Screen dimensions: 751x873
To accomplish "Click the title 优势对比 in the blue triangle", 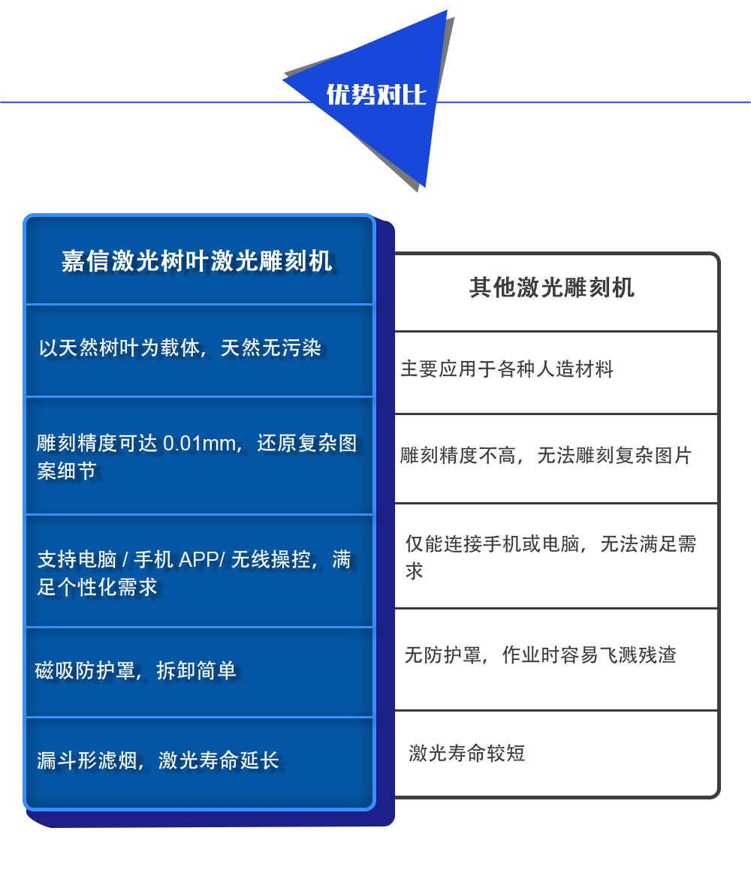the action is click(x=376, y=95).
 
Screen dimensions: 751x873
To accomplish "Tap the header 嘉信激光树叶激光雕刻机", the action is click(x=197, y=260).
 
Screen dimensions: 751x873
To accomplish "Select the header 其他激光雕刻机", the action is click(x=551, y=287).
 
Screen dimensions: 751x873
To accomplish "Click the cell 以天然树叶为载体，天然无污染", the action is click(x=180, y=348).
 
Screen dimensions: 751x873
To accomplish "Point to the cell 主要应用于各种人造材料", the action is click(x=506, y=369).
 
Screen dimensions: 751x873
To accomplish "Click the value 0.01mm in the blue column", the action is click(x=199, y=444).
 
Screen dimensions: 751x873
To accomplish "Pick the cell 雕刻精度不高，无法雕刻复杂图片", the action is click(x=545, y=456).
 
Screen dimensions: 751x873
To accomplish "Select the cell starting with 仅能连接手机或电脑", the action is click(x=550, y=557).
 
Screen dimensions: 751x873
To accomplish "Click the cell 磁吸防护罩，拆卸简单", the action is click(x=135, y=670).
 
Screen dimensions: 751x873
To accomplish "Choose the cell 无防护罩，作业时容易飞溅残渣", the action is click(x=541, y=655).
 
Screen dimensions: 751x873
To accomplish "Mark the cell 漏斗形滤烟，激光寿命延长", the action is click(x=158, y=760).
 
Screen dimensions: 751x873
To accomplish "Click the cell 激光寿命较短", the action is click(x=467, y=754).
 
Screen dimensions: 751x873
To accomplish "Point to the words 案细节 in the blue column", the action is click(x=67, y=471).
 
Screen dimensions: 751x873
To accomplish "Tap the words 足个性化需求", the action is click(x=98, y=587).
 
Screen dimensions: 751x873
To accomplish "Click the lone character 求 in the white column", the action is click(x=415, y=571).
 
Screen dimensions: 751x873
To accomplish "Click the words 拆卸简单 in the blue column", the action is click(x=196, y=670).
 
